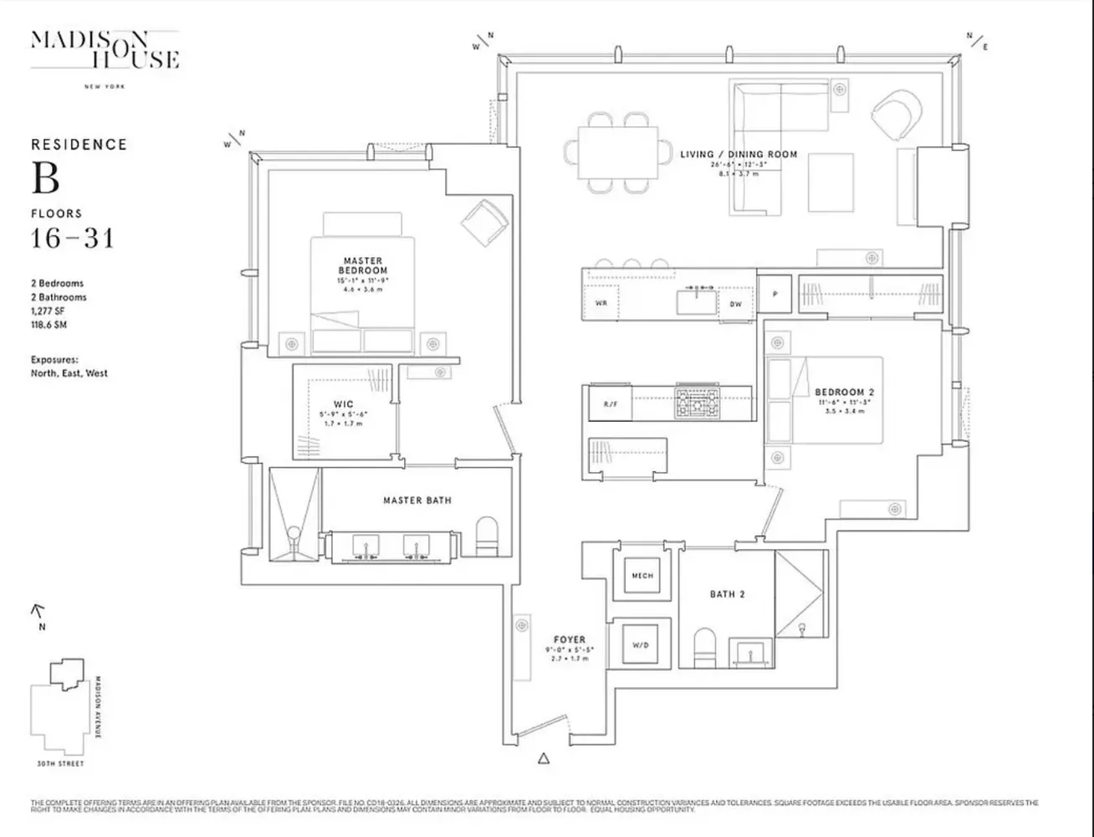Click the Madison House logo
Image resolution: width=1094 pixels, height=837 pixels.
(105, 50)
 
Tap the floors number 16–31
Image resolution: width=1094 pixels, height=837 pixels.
(72, 239)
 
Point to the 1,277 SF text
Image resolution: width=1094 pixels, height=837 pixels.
(48, 311)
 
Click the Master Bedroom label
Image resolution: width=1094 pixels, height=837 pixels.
(363, 266)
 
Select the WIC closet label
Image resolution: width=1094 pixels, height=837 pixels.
(343, 404)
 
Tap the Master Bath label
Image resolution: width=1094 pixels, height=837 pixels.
(417, 501)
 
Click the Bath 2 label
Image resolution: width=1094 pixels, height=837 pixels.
(727, 594)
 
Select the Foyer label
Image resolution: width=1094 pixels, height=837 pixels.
(569, 639)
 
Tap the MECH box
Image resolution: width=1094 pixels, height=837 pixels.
(642, 576)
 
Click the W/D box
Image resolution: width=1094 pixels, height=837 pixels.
(642, 645)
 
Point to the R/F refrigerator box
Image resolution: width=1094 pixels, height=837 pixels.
(610, 404)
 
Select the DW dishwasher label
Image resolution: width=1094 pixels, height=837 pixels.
(735, 304)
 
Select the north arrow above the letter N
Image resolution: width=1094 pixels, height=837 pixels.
(38, 612)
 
